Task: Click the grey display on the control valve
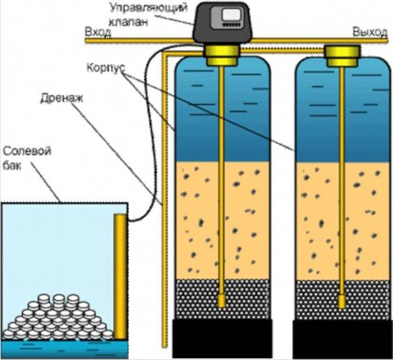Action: (x=231, y=14)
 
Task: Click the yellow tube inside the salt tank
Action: (x=120, y=275)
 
